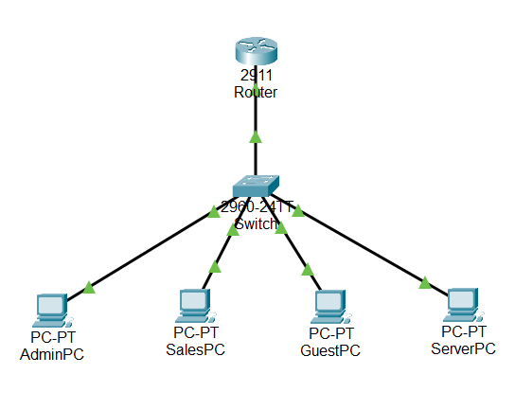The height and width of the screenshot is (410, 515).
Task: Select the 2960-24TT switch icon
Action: tap(257, 187)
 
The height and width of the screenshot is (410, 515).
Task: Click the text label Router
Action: tap(255, 93)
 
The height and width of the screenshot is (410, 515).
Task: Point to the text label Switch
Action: tap(256, 224)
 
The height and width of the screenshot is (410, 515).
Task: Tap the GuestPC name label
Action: tap(330, 350)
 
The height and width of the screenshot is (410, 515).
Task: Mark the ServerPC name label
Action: tap(464, 348)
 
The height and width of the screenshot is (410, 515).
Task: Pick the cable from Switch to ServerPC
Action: tap(364, 246)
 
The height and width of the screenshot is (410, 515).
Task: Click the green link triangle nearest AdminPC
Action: tap(88, 286)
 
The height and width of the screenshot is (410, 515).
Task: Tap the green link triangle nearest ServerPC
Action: tap(424, 281)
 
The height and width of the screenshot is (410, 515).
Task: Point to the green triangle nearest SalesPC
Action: tap(214, 267)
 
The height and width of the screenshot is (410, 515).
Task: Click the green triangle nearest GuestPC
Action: tap(307, 269)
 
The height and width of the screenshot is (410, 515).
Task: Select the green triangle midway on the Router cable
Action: tap(255, 137)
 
